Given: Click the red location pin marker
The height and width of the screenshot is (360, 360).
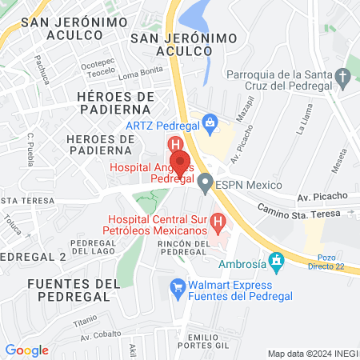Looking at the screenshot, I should point(180,162).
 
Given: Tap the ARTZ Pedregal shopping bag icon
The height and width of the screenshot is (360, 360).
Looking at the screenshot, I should point(210,123).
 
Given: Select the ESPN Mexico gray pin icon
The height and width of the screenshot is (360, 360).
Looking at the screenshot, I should point(206,183).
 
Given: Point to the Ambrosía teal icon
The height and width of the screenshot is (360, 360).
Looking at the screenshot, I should point(277,261).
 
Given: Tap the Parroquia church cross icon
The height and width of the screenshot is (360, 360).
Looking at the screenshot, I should point(343,78).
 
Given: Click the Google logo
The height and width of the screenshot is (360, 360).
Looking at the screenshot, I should point(26,350).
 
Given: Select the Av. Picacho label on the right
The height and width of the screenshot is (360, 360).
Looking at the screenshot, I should point(322,196).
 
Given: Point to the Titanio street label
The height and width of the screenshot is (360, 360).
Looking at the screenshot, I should point(85,322).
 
